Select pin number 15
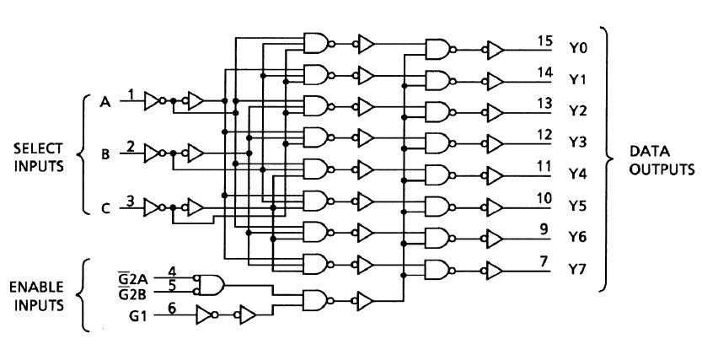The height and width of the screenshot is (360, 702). click(545, 40)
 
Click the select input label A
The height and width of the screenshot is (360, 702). click(105, 102)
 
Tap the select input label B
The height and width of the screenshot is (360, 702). click(105, 154)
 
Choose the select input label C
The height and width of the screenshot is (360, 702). click(105, 207)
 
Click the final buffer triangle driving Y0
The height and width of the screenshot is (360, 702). click(496, 50)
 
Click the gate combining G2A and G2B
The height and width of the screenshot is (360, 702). click(212, 283)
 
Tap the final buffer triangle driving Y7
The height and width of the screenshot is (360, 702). click(496, 270)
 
